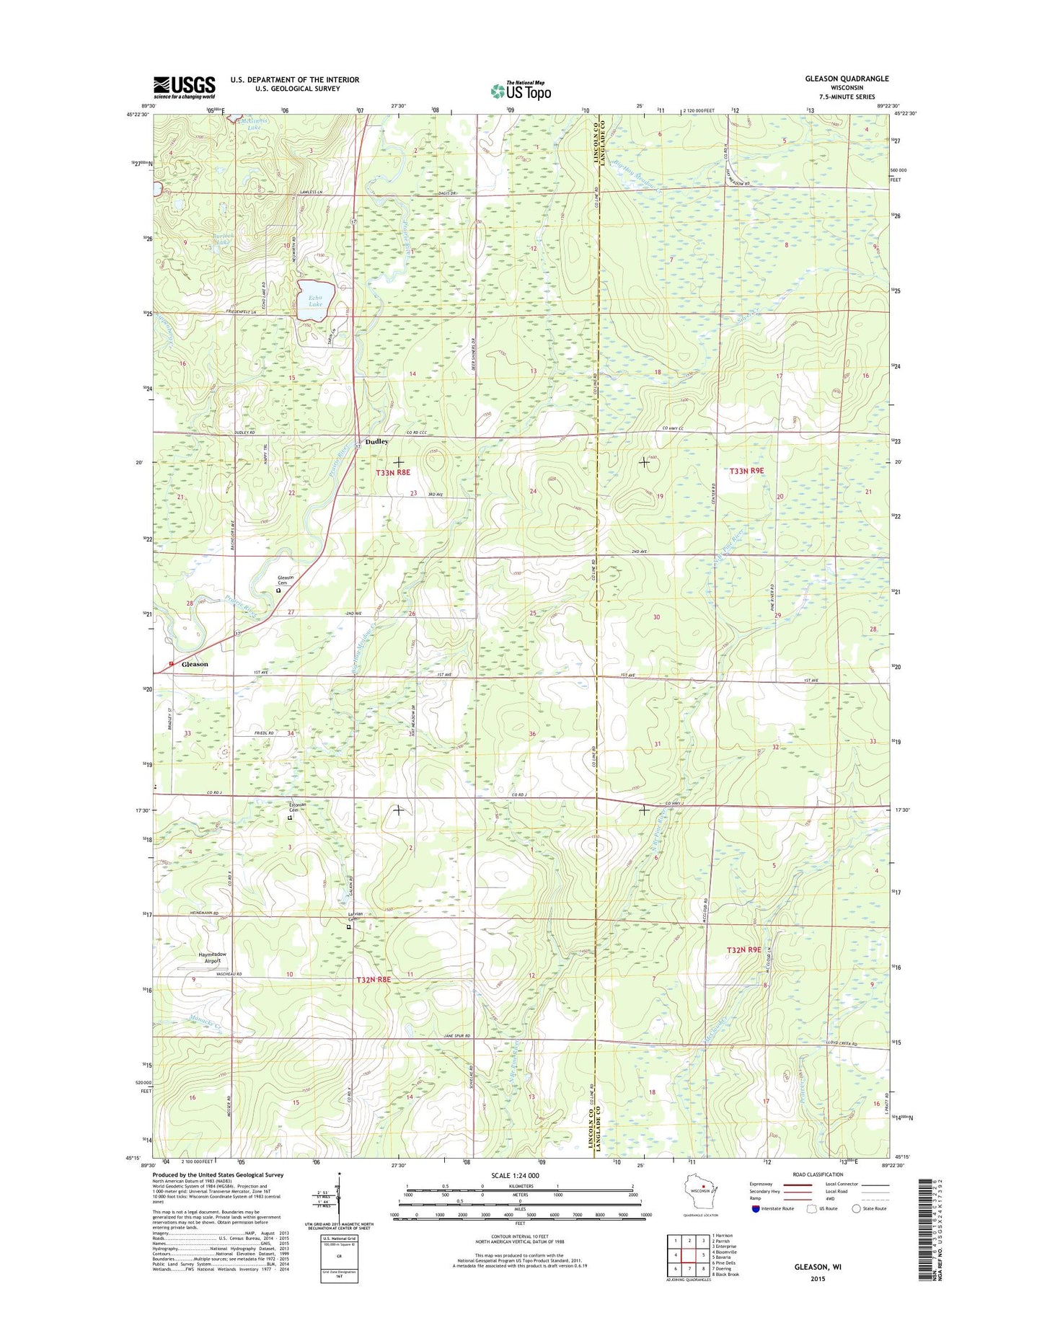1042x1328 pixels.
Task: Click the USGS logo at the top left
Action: [184, 87]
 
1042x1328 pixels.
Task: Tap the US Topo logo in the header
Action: [521, 91]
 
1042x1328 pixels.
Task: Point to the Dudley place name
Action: [376, 441]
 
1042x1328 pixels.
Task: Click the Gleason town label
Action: [195, 664]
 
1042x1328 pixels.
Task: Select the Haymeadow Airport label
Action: [213, 957]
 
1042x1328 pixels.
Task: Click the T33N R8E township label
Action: [393, 472]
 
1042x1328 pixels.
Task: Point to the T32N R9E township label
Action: [744, 949]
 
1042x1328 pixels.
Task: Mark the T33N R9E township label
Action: [746, 471]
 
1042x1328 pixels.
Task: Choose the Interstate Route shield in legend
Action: [756, 1208]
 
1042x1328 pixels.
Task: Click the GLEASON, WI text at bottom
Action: [817, 1266]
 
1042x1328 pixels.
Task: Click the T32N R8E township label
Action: [373, 980]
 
